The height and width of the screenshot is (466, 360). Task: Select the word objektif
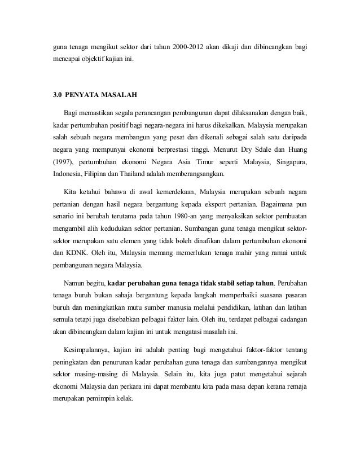[x=94, y=73]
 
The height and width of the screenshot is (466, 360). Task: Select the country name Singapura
[x=293, y=162]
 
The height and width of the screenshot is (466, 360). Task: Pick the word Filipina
[x=95, y=175]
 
